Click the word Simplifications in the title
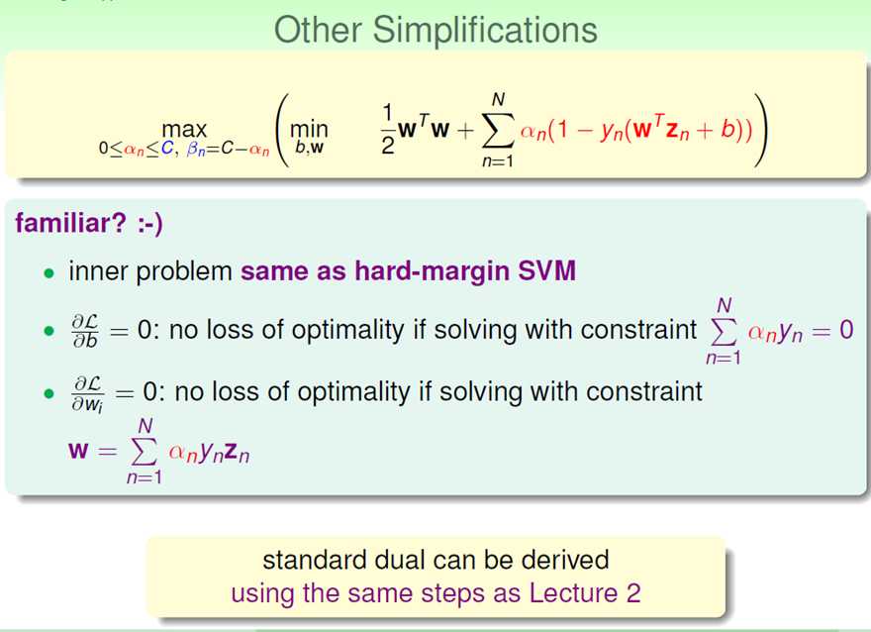[485, 31]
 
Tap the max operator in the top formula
[184, 130]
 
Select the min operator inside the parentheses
[309, 130]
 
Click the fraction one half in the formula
[388, 129]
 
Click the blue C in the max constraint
[167, 149]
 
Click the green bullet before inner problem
[49, 273]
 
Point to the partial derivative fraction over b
[85, 331]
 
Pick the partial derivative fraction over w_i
[87, 393]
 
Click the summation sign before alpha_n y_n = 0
[724, 332]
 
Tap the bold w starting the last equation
[78, 450]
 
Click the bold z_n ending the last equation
[238, 454]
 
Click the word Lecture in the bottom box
[573, 593]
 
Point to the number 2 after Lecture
[633, 593]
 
